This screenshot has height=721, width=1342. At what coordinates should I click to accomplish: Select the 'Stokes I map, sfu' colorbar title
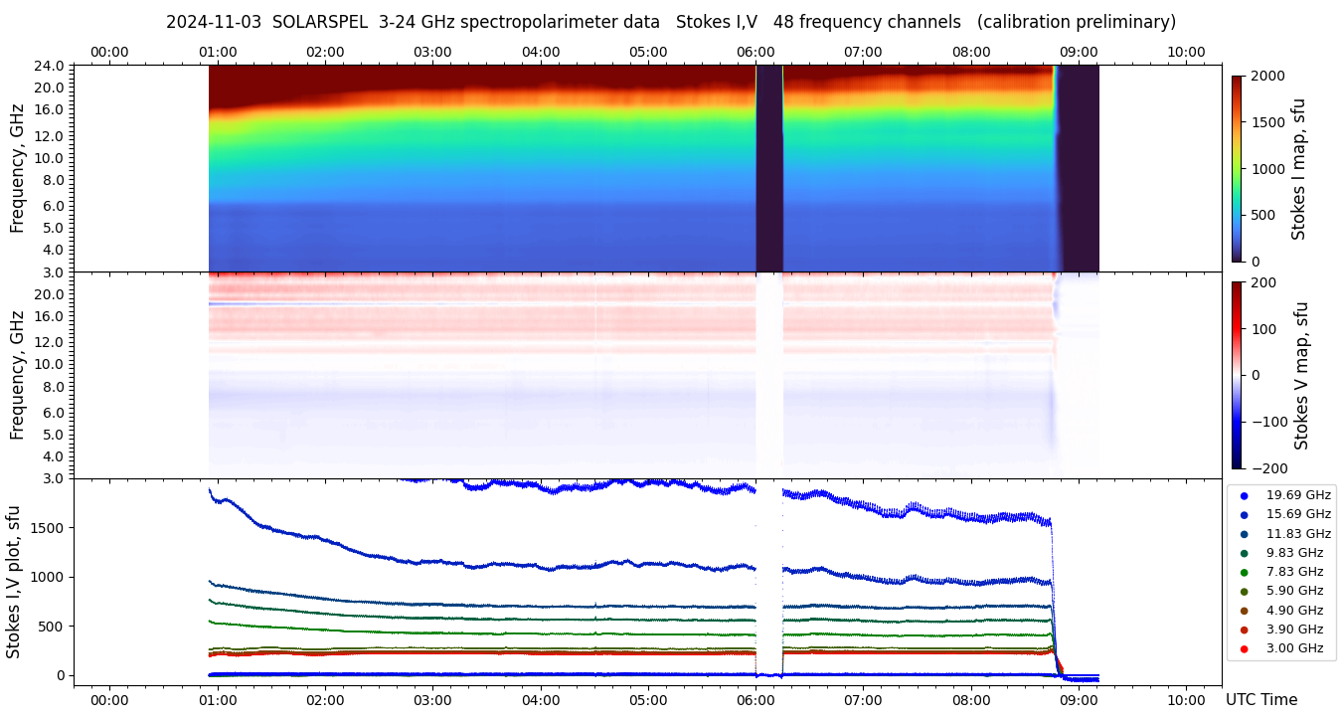(1299, 168)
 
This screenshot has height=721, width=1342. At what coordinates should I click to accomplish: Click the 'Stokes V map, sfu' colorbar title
(1301, 375)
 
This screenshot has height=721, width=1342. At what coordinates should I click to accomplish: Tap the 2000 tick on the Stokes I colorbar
(1267, 77)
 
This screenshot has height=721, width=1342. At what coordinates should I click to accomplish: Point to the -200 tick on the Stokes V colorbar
(1267, 468)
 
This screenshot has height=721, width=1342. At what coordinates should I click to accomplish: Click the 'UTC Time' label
(1261, 699)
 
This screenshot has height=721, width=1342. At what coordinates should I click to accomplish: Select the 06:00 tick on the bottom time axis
(755, 699)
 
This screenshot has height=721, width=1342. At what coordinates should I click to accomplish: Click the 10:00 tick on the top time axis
(1186, 52)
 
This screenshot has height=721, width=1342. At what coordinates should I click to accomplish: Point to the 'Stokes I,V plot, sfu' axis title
(14, 581)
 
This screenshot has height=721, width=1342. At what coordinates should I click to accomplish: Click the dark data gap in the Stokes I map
(769, 169)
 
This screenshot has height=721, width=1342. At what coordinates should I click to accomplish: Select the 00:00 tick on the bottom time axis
(109, 699)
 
